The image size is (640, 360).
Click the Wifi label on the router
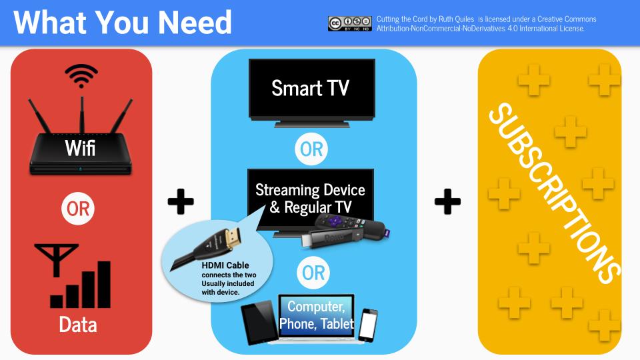[80, 148]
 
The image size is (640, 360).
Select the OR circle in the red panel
[78, 209]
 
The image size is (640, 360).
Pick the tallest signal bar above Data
[104, 285]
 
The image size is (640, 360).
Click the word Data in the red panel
[78, 325]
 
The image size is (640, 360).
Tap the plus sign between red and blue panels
[181, 201]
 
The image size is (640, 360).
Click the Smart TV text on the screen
[311, 88]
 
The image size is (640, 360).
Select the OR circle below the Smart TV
[311, 149]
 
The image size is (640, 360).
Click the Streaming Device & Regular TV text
[310, 199]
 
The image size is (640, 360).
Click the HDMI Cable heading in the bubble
[225, 265]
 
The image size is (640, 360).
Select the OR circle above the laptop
[313, 273]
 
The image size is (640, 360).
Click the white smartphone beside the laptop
[368, 325]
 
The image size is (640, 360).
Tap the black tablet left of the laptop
[259, 323]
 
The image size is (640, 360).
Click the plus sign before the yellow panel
[448, 201]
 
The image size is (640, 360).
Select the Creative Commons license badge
[350, 24]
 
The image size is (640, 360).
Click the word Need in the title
[195, 23]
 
